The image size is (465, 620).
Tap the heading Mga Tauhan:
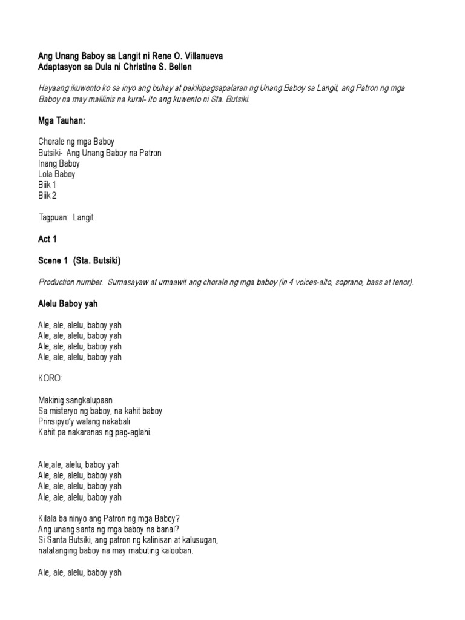[x=59, y=121]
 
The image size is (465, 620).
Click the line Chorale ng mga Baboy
[x=76, y=142]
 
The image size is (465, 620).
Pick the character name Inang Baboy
[x=59, y=163]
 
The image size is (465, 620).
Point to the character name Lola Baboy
[x=57, y=174]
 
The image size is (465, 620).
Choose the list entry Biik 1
[x=47, y=185]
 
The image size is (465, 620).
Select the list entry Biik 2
[x=47, y=195]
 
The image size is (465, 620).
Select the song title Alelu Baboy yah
[x=67, y=304]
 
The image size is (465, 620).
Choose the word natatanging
[x=61, y=550]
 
